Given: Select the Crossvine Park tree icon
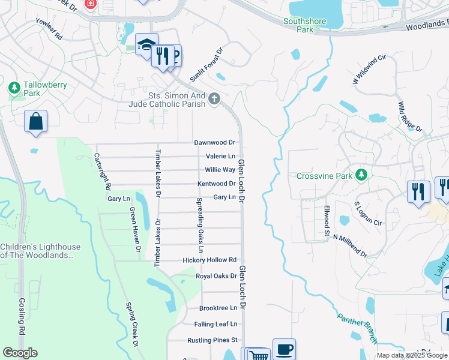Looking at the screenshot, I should [x=361, y=175].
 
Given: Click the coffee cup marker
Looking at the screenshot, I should [x=284, y=349].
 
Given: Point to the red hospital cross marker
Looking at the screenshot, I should [x=91, y=4].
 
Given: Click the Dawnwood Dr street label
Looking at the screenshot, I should [x=214, y=143].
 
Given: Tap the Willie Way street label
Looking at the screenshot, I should [x=220, y=170].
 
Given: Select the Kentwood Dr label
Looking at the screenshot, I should [x=216, y=184].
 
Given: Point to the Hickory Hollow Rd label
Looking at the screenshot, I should [x=209, y=260].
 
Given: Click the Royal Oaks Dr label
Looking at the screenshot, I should [x=216, y=276].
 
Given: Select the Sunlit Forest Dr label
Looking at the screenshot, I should [x=206, y=65].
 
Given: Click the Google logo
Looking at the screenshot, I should [x=20, y=353].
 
